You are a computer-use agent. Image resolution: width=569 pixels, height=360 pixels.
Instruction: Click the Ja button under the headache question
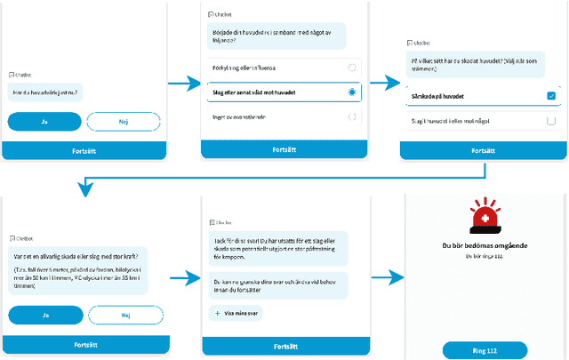44,122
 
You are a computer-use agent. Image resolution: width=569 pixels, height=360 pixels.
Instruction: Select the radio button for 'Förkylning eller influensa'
352,68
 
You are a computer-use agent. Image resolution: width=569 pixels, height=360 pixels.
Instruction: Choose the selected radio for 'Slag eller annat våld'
352,92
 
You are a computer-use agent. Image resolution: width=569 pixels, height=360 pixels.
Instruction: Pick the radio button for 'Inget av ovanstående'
352,116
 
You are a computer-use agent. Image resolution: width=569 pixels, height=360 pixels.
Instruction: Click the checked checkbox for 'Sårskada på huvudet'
551,96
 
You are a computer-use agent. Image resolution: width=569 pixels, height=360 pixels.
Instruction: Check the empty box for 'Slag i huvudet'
551,121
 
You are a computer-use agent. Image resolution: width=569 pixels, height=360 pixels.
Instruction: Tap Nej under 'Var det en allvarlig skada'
125,315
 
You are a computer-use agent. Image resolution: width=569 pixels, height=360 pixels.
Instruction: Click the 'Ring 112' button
485,349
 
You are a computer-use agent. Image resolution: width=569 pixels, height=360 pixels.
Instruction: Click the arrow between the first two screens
182,84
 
